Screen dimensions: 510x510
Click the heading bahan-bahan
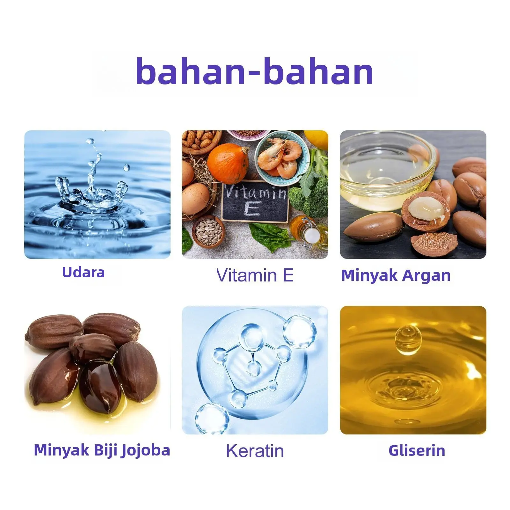coord(254,71)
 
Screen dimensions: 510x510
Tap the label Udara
coord(84,273)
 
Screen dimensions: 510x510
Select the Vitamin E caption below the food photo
coord(255,275)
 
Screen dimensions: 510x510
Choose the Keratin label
coord(255,451)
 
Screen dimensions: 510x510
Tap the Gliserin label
coord(417,450)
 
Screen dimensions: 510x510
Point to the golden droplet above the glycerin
coord(408,339)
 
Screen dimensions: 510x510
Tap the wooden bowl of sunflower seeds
coord(208,231)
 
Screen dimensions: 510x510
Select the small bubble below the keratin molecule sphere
coord(212,418)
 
